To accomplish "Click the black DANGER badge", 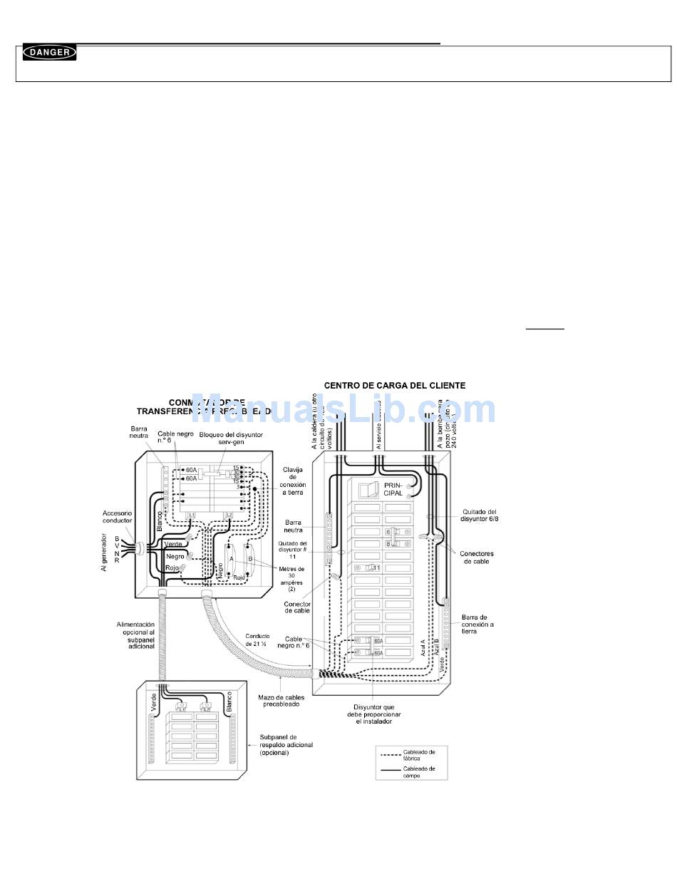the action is coord(49,52).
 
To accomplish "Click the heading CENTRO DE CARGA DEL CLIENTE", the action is coord(394,385).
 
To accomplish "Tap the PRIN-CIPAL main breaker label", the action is coord(393,488).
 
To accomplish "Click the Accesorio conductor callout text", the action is coord(117,517).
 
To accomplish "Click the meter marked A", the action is coord(232,559).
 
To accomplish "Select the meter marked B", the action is coord(251,559).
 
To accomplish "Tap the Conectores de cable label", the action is coord(477,558).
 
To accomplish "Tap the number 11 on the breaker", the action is coord(376,567).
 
